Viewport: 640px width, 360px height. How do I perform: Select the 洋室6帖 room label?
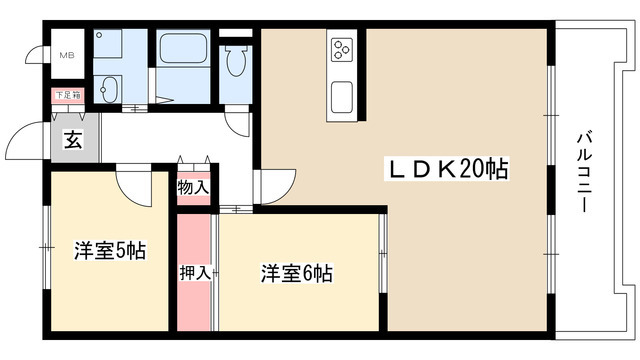[297, 272]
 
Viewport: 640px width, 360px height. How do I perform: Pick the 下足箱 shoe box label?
[68, 96]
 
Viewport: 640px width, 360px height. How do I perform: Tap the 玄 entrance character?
[73, 140]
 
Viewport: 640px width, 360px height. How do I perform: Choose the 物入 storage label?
[193, 187]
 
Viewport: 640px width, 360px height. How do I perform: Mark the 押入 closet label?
[194, 272]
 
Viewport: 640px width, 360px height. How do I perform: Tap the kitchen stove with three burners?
[342, 48]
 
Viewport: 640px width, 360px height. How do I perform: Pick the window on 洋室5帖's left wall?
[44, 245]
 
